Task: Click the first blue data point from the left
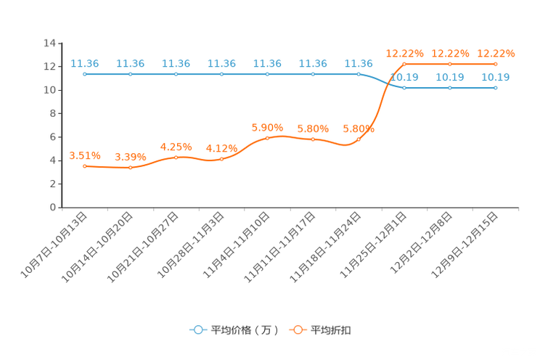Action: tap(85, 73)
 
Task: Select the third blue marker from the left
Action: tap(176, 73)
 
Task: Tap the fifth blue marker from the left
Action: tap(268, 73)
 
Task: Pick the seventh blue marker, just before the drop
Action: tap(359, 73)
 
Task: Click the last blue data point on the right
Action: tap(495, 87)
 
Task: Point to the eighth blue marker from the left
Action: tap(404, 87)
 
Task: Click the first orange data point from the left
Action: tap(85, 165)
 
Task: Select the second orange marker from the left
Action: tap(131, 167)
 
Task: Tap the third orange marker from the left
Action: tap(176, 157)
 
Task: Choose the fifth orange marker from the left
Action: tap(268, 137)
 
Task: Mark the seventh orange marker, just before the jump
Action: tap(359, 139)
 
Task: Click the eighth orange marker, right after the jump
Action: tap(404, 64)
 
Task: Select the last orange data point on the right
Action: tap(495, 64)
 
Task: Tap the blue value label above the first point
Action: tap(85, 63)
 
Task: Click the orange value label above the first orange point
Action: tap(85, 155)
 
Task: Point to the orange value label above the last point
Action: tap(495, 53)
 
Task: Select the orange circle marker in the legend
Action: tap(297, 330)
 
